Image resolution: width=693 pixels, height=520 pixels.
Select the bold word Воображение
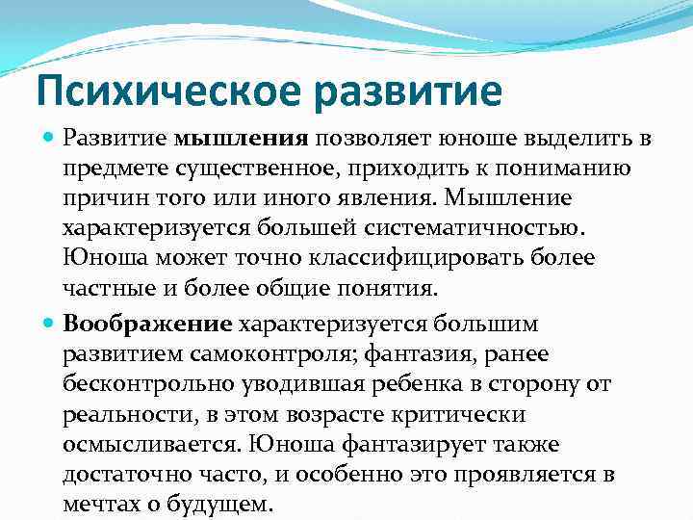coord(148,322)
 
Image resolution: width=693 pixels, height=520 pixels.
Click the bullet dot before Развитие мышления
coord(49,139)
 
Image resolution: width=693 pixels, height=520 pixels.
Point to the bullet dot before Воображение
coord(49,322)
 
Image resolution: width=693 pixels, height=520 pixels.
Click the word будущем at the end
coord(225,505)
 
